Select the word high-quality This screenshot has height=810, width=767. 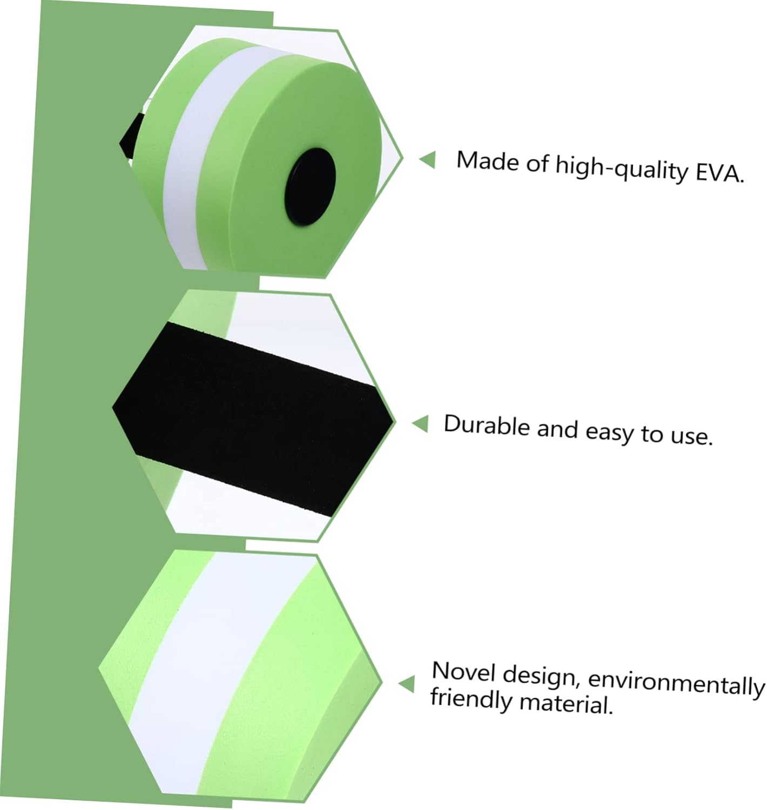point(621,168)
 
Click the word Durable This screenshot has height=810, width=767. point(487,426)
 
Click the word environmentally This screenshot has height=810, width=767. point(676,683)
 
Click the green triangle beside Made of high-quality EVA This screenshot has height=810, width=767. point(427,159)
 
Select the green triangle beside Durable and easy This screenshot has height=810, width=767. point(420,423)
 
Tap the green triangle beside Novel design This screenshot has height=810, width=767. point(407,684)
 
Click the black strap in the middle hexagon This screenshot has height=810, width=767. point(254,416)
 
